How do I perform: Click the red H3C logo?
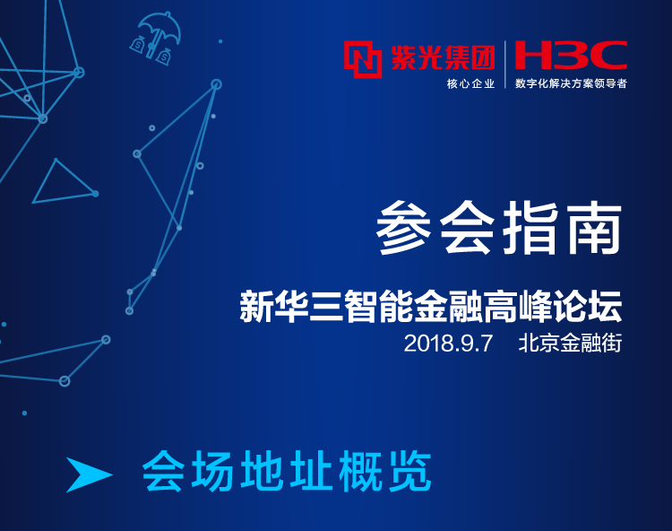tap(571, 55)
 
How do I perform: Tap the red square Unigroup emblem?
tap(363, 59)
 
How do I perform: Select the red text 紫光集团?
tap(443, 57)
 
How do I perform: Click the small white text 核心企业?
tap(470, 83)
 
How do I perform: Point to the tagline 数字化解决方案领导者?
tap(571, 83)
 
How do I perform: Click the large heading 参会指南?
tap(499, 228)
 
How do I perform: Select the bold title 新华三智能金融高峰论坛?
tap(431, 306)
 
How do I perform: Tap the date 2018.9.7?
tap(448, 344)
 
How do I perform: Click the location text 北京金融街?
tap(570, 344)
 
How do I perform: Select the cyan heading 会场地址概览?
tap(287, 471)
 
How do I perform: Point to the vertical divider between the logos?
tap(505, 65)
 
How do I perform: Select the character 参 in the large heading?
tap(403, 228)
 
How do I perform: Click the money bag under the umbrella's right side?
tap(164, 57)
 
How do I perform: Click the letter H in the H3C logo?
tap(532, 55)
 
